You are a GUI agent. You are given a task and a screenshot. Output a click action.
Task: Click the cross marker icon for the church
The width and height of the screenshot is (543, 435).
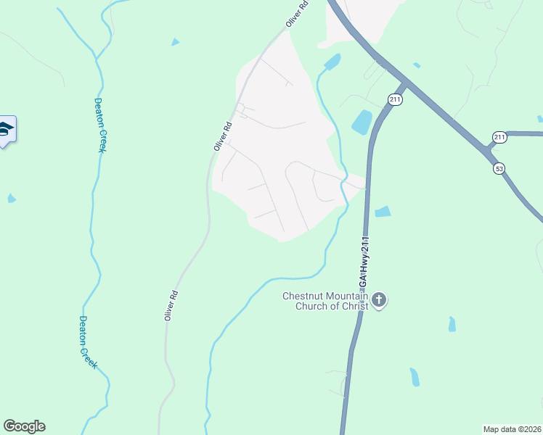point(379,299)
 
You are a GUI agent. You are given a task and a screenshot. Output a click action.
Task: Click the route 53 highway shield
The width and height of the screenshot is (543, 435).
point(499,168)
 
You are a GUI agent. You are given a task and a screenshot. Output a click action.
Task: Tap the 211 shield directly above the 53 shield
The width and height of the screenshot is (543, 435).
point(499,137)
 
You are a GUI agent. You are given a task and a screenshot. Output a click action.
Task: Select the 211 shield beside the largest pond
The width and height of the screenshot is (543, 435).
point(394,99)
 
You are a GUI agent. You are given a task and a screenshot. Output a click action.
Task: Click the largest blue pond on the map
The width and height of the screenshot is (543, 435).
point(362,122)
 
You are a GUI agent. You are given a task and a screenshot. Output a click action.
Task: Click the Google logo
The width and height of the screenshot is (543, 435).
point(24,426)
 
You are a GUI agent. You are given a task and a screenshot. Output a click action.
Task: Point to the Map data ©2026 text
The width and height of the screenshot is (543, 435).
point(512,428)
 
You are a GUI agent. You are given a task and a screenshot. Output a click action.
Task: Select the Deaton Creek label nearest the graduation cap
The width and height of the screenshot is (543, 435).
point(101,125)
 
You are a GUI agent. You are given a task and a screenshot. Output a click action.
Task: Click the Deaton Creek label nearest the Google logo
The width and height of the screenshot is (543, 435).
point(86,342)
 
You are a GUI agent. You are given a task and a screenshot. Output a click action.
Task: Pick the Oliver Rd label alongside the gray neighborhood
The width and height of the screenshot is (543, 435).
point(223,136)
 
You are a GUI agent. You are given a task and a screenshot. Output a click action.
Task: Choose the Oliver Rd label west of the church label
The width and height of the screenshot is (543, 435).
point(171,305)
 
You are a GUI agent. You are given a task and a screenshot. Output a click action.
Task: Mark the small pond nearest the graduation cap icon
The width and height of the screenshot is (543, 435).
point(12,198)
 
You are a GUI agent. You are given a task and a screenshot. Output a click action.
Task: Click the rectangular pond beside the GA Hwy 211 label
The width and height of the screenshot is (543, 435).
point(383,212)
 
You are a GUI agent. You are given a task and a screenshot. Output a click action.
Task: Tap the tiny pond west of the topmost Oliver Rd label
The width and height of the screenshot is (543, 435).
point(175,42)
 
